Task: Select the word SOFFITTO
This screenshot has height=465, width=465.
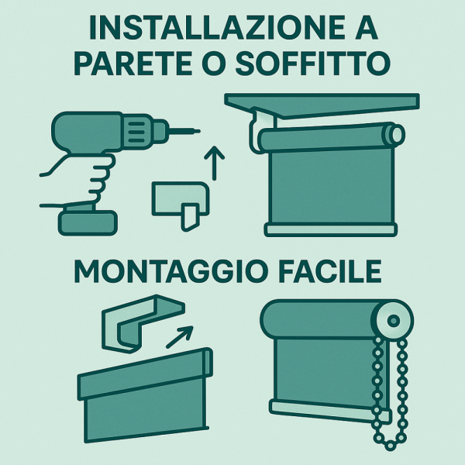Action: tap(312, 64)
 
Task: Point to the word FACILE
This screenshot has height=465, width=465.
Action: tap(329, 272)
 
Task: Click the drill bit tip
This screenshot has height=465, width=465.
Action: tap(198, 131)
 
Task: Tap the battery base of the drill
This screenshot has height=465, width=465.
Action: tap(88, 222)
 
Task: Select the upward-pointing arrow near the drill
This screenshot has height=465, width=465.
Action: tap(214, 163)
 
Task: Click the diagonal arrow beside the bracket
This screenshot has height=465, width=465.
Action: tap(180, 337)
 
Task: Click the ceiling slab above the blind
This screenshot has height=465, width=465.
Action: tap(322, 105)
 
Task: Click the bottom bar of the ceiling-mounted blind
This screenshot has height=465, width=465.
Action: tap(331, 230)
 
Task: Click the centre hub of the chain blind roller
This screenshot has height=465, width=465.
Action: tap(394, 321)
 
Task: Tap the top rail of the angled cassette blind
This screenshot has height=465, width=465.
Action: tap(146, 373)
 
